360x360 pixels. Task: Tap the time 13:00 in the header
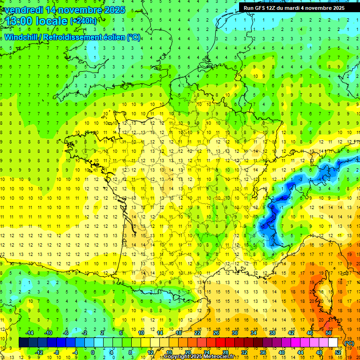click(x=20, y=21)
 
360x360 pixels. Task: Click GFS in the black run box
click(x=262, y=8)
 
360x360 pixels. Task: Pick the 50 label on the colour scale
click(x=328, y=333)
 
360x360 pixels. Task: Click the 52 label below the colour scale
click(x=337, y=352)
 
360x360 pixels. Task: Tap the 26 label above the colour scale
click(x=216, y=333)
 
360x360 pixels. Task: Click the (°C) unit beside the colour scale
click(x=349, y=343)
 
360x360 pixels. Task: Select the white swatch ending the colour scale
click(x=333, y=343)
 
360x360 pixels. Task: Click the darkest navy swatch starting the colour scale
click(x=23, y=343)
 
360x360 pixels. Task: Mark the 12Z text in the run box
click(x=275, y=8)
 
